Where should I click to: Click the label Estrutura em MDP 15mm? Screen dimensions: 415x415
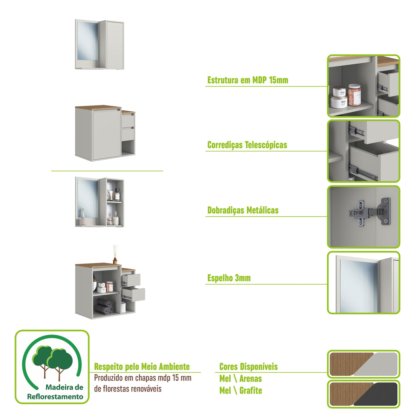pos(247,80)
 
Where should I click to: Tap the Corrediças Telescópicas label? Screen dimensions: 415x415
pos(247,145)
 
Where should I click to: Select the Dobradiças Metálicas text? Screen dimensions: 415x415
pos(243,210)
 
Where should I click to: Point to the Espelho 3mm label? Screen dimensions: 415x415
pos(229,278)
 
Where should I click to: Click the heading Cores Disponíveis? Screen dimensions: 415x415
pos(248,367)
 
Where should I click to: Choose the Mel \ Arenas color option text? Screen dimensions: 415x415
pos(240,379)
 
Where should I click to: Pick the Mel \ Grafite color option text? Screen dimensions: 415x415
pos(240,391)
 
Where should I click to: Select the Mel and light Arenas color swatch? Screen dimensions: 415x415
pos(363,364)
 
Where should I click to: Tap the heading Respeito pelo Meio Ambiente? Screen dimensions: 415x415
pos(142,367)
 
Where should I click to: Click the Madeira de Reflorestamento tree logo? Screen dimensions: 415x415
pos(52,367)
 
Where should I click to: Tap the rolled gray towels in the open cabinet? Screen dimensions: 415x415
pos(104,306)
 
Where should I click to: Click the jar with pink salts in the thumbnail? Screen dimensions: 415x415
pos(354,94)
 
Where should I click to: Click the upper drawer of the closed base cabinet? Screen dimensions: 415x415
pos(128,121)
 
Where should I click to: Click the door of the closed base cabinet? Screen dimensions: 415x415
pos(106,135)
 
